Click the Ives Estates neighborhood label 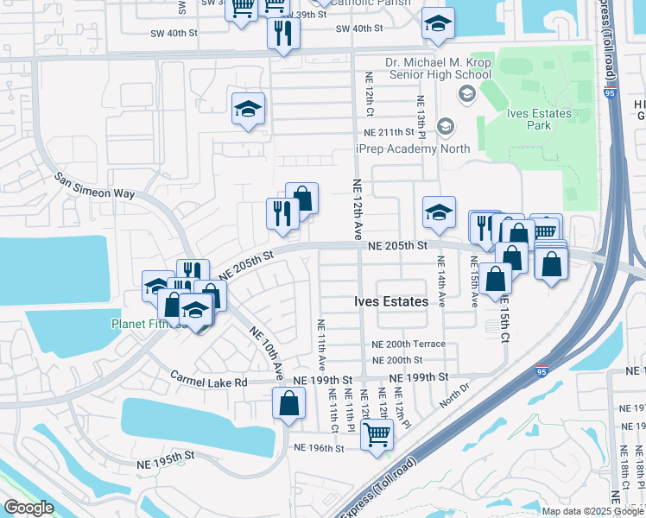[391, 302]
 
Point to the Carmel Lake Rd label [208, 381]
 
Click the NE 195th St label [168, 464]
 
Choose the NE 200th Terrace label [408, 344]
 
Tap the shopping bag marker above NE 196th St [288, 402]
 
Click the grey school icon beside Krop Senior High [467, 93]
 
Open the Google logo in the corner [28, 508]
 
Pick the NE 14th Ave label [441, 281]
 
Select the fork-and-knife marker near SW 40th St [284, 34]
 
